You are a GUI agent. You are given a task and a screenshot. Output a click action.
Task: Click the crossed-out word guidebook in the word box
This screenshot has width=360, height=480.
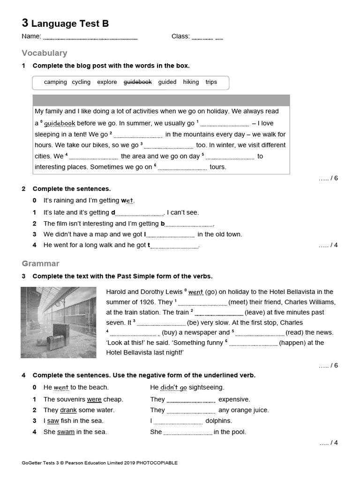137,82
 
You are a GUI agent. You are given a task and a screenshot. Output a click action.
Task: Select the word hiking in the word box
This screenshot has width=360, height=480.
191,82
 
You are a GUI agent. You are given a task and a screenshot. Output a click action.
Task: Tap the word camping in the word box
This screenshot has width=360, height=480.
55,82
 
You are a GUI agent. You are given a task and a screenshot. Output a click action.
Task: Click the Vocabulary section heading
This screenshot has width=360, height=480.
45,53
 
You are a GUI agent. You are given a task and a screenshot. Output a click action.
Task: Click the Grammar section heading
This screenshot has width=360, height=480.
40,263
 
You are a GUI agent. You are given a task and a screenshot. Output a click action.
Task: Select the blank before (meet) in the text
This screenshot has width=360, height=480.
202,303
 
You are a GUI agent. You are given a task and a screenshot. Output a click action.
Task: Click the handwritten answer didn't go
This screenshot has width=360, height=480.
173,388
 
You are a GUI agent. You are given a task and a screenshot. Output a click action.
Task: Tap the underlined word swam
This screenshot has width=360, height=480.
66,432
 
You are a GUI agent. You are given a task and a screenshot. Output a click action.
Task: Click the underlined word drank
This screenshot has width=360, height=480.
68,410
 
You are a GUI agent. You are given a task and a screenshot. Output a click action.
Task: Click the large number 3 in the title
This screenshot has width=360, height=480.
25,23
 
